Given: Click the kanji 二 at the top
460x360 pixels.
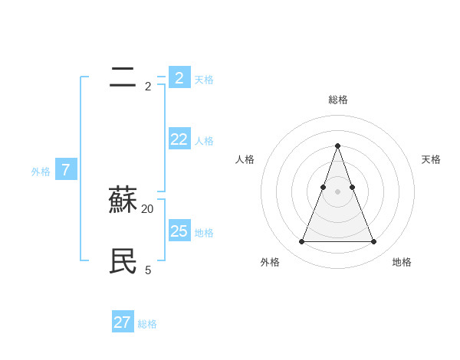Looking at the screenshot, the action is pos(123,77).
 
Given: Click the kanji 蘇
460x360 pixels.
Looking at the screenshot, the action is pos(123,201).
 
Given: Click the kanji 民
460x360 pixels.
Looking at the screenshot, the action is pos(123,262).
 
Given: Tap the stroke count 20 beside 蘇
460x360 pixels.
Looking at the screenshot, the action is pos(148,208).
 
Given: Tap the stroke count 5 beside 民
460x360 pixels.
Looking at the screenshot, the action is pos(148,270).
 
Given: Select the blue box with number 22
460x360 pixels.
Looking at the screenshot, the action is pos(179,139).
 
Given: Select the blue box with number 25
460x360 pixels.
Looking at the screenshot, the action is pos(179,231).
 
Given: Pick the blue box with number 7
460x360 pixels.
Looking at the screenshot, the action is pos(66,170).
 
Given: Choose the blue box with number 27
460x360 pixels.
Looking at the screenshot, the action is pos(123,322).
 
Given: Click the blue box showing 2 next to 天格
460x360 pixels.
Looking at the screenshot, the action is pos(179,77).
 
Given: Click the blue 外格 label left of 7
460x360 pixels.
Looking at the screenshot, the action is pos(41,172).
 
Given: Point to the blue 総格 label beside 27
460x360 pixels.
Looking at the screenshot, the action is pos(147,324).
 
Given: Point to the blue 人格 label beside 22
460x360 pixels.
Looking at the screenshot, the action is pos(204,141).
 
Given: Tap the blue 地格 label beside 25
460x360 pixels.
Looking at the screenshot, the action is pos(204,233).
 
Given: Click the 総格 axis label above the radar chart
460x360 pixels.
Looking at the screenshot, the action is pos(337,100).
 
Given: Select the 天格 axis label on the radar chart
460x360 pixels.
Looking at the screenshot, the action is pos(431,159).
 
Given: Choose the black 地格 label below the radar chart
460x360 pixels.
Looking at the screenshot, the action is pos(402,262).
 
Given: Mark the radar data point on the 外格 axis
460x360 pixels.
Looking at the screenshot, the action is pos(301,242).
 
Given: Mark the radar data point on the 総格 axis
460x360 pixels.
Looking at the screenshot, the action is pos(337,146).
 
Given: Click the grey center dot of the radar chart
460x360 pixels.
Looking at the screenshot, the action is pos(337,191).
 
